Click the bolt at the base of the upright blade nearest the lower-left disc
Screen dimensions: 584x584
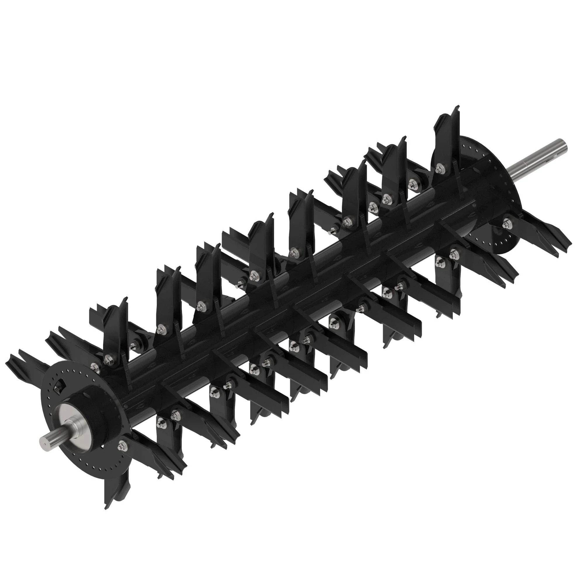click(107, 360)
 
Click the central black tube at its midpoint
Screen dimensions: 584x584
click(290, 290)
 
